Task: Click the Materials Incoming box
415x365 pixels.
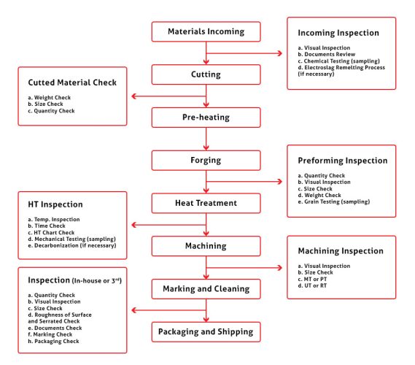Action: point(206,32)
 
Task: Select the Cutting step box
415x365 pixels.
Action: point(206,74)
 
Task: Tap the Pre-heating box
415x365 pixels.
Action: point(206,117)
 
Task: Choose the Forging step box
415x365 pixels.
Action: point(206,160)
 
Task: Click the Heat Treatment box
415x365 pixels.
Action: point(206,202)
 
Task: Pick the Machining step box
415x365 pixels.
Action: point(206,245)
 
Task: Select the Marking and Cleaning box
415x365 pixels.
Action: point(206,288)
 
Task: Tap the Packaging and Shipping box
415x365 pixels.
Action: point(206,331)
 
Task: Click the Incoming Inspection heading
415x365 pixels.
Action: point(338,34)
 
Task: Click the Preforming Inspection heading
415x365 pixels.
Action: point(342,161)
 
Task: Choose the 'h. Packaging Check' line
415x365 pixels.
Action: point(53,341)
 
